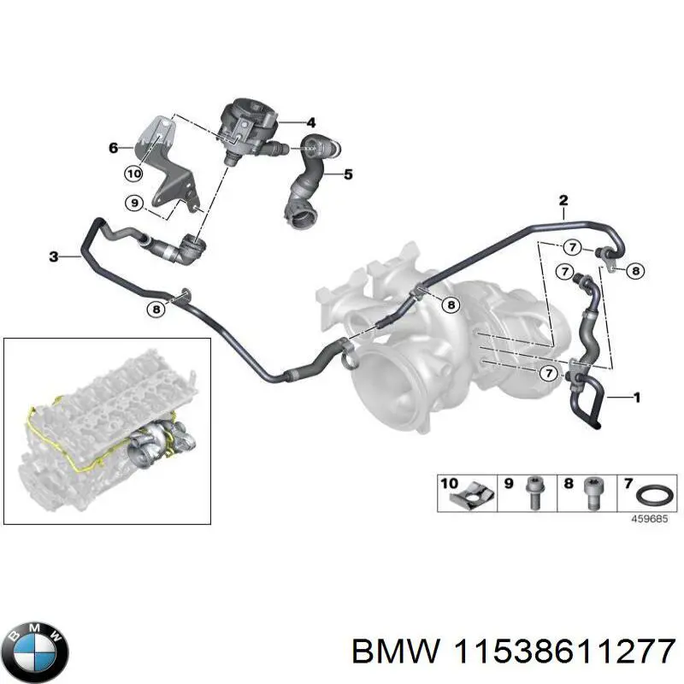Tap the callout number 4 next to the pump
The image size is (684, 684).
pos(310,122)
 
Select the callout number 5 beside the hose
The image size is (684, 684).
pos(348,174)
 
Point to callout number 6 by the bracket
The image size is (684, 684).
pos(114,148)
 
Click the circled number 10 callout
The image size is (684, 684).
pos(134,174)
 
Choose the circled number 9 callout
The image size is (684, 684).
pos(134,203)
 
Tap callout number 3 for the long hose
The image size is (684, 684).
pos(53,256)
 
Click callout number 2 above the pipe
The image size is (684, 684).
pos(563,201)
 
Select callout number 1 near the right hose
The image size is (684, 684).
pos(637,398)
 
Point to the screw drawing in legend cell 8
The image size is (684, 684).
pos(593,493)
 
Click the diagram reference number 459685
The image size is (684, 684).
pos(650,519)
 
